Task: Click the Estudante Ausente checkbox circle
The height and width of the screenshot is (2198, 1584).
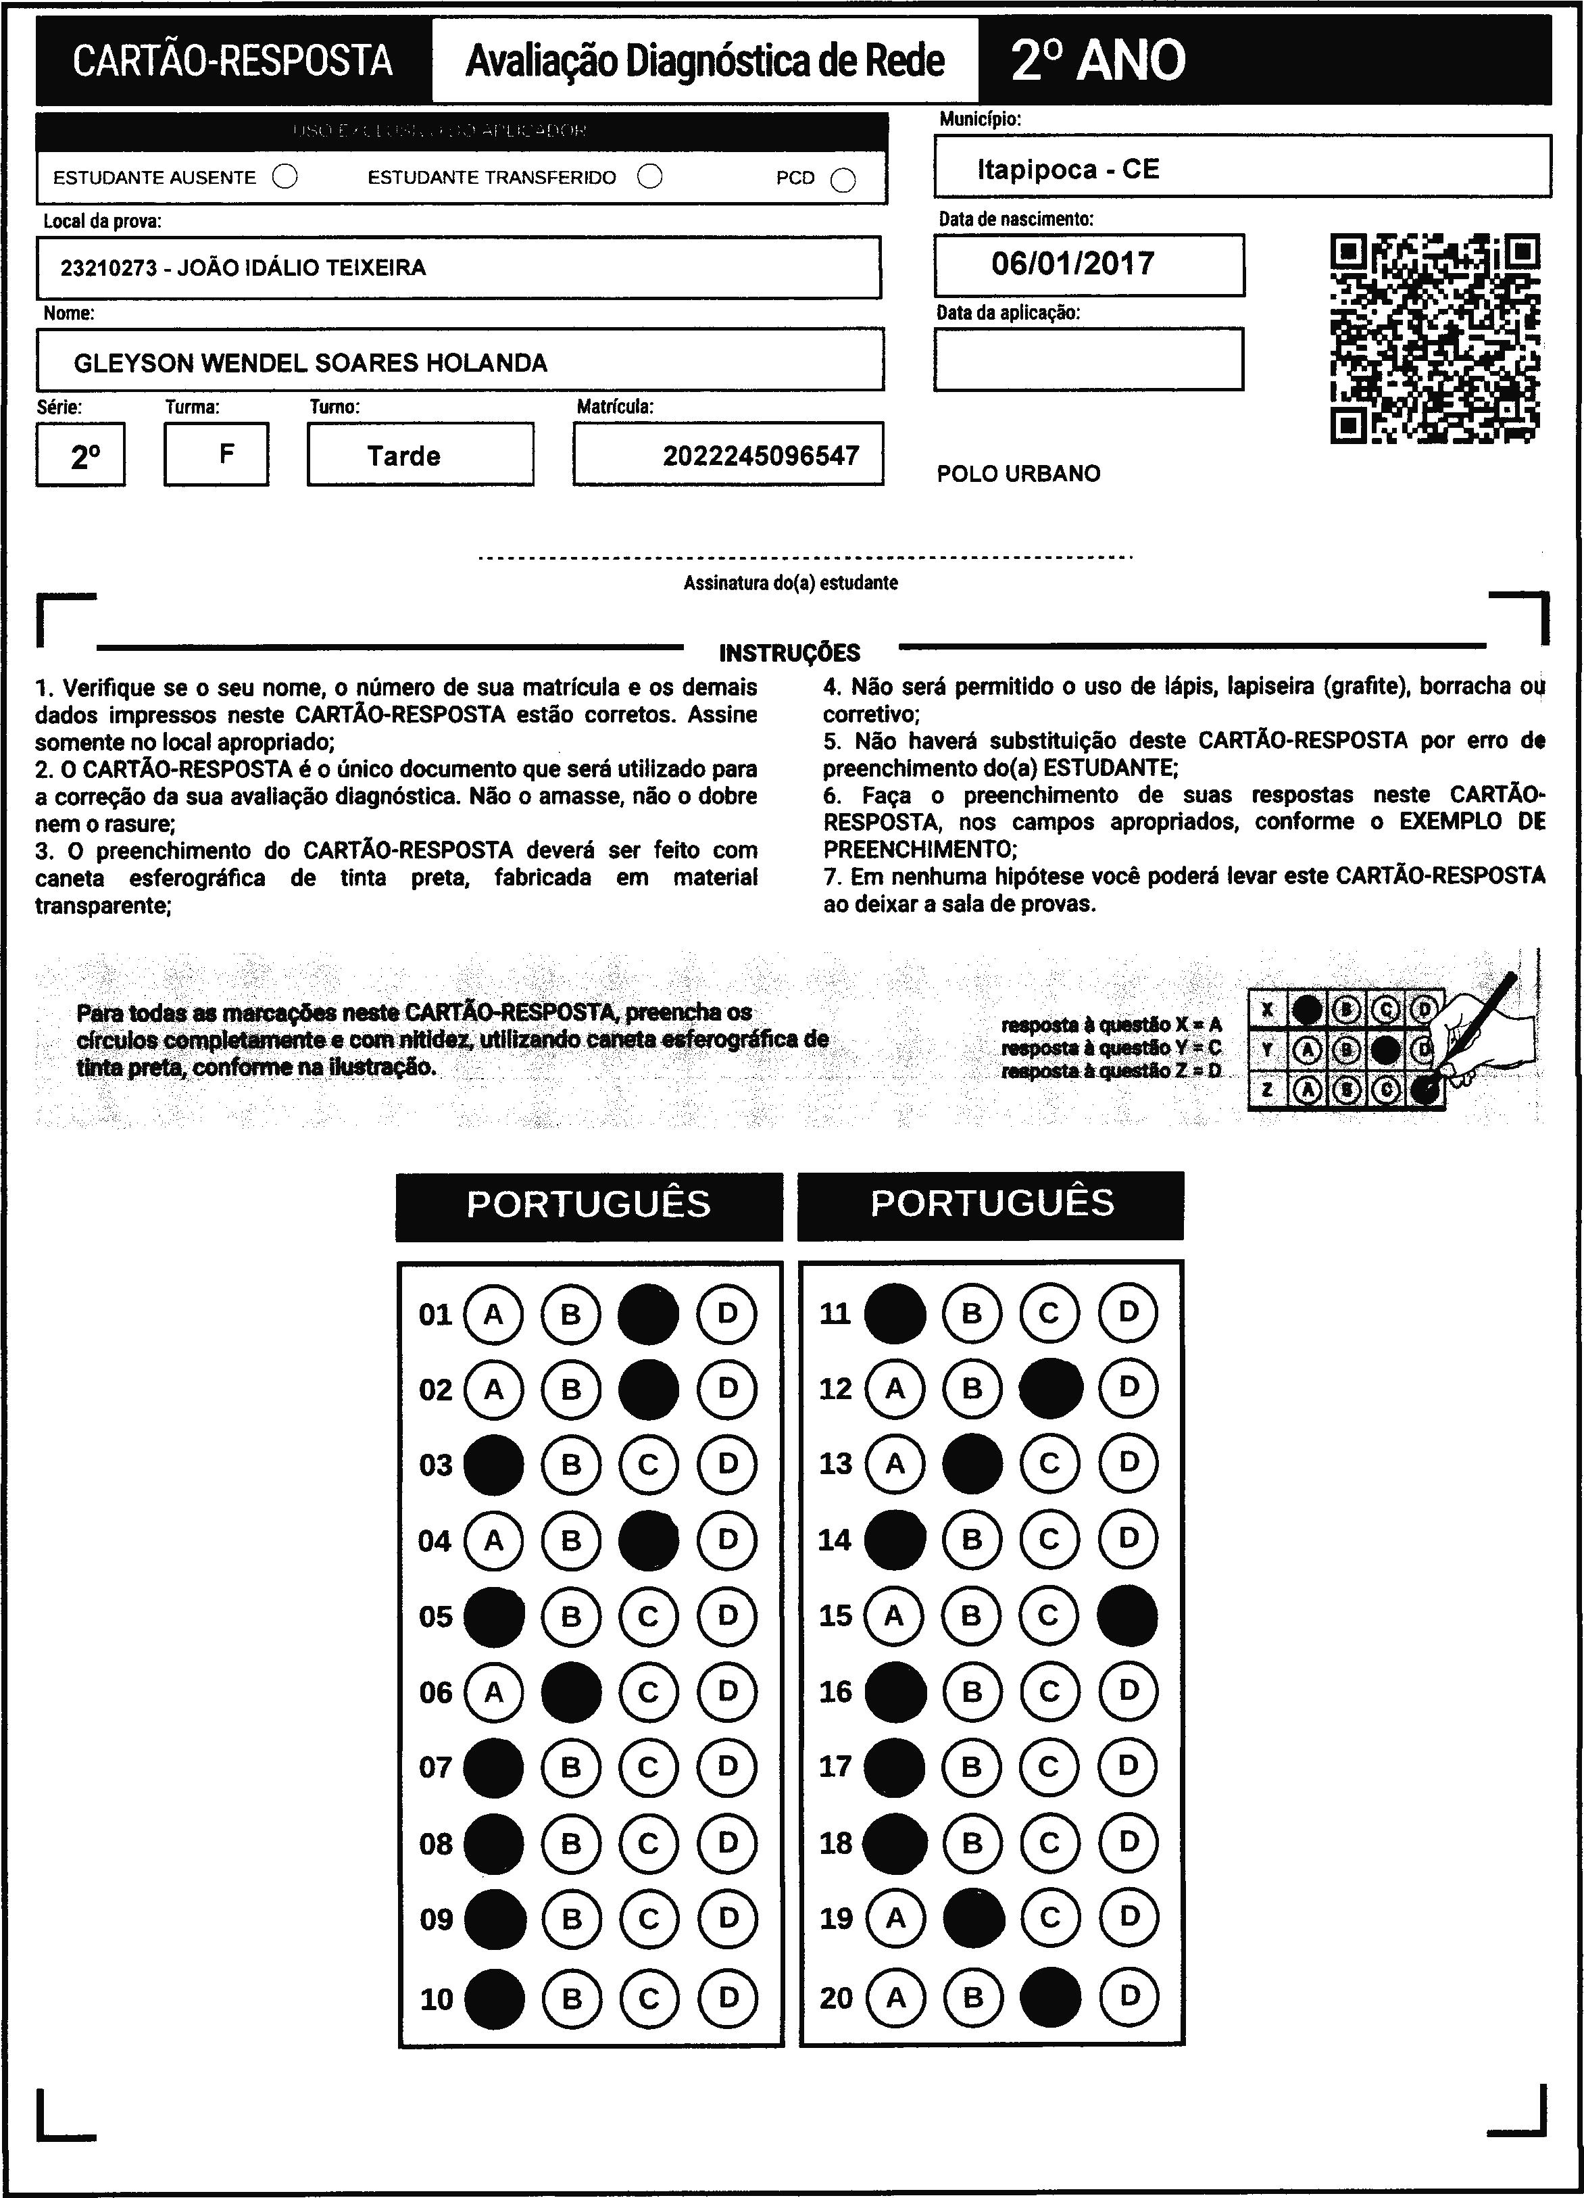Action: point(284,177)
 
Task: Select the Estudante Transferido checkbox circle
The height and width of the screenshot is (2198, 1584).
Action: point(650,176)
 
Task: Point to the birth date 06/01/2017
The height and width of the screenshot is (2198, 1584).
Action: point(1072,264)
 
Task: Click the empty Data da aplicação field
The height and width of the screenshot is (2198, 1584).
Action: point(1088,359)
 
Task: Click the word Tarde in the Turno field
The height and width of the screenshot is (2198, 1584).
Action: point(403,456)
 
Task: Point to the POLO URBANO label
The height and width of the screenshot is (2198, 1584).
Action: point(1018,474)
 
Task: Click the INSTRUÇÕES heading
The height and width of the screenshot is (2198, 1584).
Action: point(789,652)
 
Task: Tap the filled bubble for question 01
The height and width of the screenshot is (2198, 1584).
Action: point(648,1314)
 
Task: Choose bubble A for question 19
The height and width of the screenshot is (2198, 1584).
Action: point(895,1917)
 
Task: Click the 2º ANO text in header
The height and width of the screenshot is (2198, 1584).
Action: point(1097,60)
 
